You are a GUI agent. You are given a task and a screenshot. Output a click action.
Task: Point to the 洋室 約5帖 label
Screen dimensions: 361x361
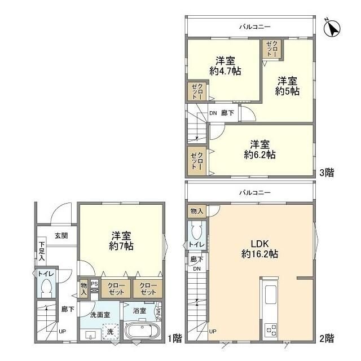tap(287, 86)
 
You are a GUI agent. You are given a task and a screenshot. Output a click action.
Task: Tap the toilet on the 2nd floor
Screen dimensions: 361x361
tap(196, 233)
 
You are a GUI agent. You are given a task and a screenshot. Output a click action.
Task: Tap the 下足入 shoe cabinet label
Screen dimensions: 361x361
tap(42, 251)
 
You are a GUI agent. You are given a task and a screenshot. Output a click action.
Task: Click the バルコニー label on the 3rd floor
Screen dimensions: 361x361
tap(250, 27)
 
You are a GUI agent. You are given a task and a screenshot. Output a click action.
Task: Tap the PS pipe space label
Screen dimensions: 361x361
tap(94, 284)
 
